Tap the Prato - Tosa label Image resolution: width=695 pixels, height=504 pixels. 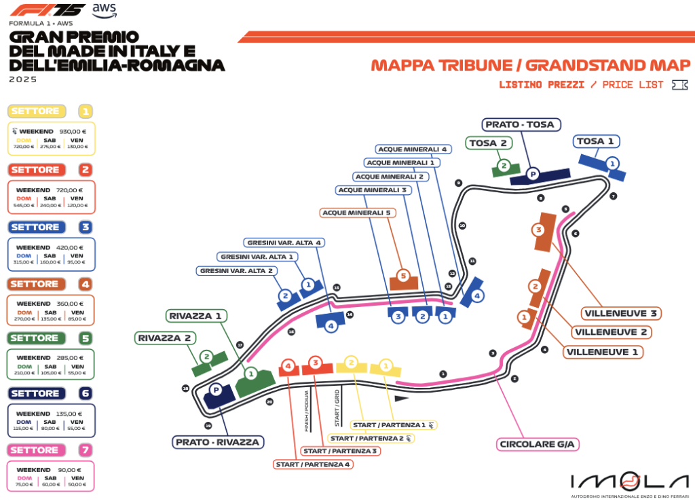point(520,124)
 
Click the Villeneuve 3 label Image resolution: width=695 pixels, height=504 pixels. point(621,313)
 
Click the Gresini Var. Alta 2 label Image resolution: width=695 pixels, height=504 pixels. point(236,270)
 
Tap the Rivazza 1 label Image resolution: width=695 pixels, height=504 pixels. point(196,316)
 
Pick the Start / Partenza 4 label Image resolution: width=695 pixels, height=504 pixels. point(312,465)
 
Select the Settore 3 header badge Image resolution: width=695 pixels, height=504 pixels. point(35,227)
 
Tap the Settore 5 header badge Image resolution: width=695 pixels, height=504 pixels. point(35,338)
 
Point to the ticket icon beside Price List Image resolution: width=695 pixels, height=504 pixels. point(678,85)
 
